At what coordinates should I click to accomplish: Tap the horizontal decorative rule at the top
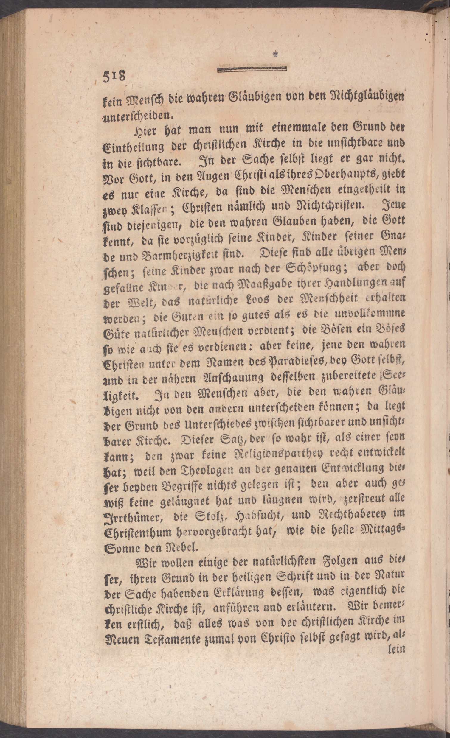pyautogui.click(x=252, y=70)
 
